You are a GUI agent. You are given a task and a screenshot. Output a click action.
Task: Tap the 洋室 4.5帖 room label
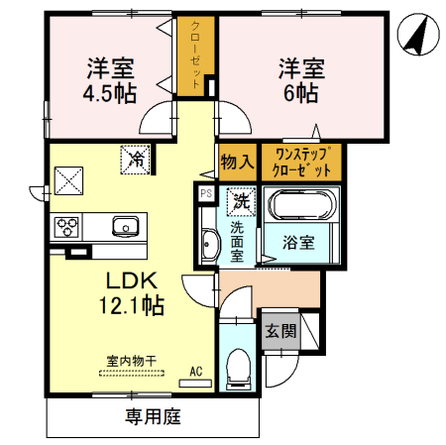110,80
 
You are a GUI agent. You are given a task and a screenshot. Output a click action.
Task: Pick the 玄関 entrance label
279,330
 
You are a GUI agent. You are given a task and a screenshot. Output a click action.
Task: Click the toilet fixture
238,371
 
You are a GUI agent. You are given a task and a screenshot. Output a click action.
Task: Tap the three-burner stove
67,227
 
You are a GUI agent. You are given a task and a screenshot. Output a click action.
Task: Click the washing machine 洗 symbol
241,200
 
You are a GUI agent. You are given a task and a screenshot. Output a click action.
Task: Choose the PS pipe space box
206,194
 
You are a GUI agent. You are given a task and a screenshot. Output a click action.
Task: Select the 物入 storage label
237,160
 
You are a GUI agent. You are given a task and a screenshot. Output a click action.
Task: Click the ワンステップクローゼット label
303,160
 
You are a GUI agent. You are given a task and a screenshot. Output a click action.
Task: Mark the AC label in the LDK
195,372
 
